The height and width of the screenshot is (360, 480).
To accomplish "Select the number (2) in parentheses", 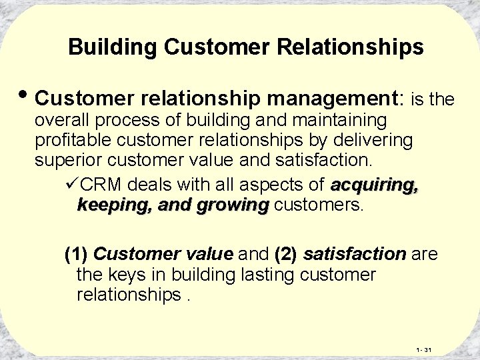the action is (285, 254).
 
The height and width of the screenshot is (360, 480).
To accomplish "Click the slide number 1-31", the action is (424, 349).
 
